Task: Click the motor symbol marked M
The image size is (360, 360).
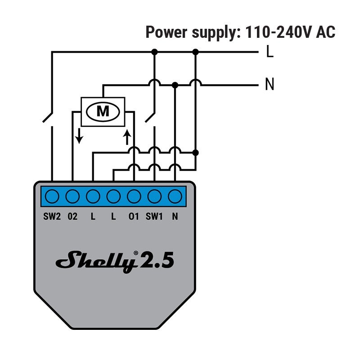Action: [103, 111]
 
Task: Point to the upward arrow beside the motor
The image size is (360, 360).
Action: [127, 136]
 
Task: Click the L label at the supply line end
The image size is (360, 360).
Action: [270, 52]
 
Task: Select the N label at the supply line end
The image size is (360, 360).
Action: [270, 84]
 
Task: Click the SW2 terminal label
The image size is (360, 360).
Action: [52, 216]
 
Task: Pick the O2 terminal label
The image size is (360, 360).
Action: [72, 216]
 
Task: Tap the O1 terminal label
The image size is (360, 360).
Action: [134, 216]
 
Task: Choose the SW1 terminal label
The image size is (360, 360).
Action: [154, 216]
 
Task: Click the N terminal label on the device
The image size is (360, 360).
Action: [175, 216]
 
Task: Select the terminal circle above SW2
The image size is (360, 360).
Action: [52, 197]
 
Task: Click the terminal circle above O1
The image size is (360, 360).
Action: [134, 197]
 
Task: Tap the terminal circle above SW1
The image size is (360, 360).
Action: [154, 197]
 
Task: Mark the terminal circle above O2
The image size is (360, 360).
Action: [72, 197]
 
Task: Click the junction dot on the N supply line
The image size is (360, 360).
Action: [175, 84]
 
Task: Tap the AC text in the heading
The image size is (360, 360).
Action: [325, 32]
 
